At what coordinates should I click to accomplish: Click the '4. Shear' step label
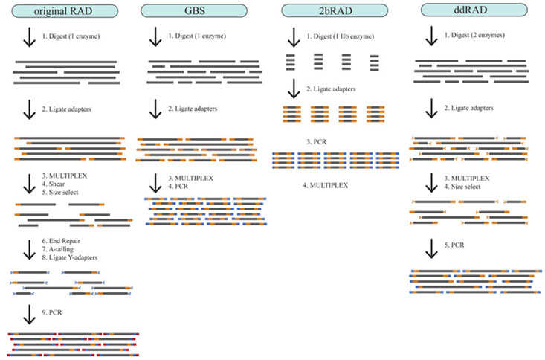point(54,184)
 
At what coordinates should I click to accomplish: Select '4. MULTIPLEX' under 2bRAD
point(329,184)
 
